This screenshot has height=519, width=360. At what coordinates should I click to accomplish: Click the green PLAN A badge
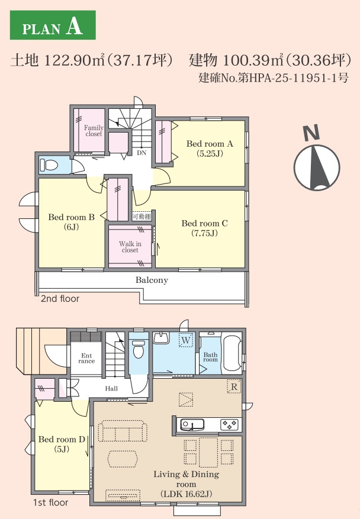[x=53, y=25]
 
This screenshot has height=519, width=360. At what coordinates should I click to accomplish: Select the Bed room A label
[x=210, y=149]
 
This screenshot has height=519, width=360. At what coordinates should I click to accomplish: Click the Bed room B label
[x=71, y=222]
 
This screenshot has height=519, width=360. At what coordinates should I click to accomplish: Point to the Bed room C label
[x=204, y=228]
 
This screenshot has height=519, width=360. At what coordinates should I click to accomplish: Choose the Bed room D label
[x=62, y=444]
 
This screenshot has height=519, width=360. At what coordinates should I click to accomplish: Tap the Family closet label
[x=94, y=131]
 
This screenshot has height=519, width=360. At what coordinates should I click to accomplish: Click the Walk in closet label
[x=130, y=247]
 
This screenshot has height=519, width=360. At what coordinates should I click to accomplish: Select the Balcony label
[x=152, y=281]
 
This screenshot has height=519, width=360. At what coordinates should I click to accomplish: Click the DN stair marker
[x=142, y=153]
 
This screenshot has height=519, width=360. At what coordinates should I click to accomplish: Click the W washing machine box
[x=186, y=340]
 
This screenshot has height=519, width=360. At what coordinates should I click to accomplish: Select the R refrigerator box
[x=234, y=386]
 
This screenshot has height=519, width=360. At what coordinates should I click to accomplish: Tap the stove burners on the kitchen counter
[x=229, y=424]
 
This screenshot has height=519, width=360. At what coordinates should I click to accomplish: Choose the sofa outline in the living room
[x=123, y=431]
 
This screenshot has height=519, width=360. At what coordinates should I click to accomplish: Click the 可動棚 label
[x=142, y=217]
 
